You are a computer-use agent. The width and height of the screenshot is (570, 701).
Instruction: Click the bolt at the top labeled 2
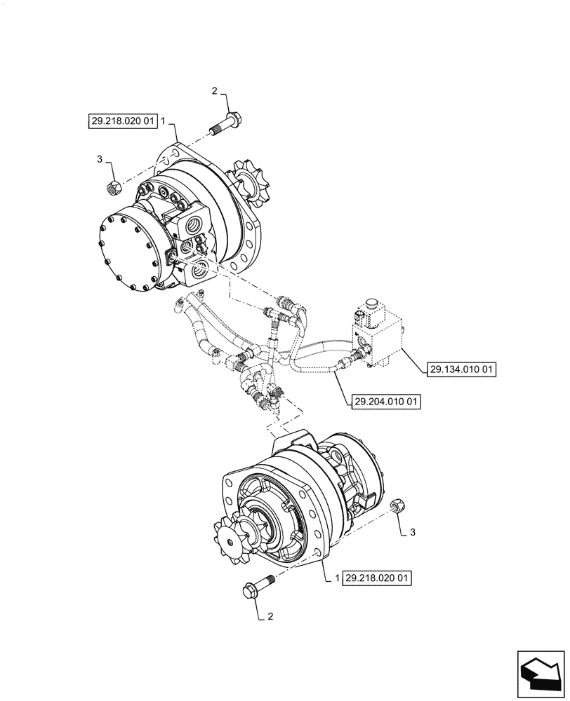[225, 121]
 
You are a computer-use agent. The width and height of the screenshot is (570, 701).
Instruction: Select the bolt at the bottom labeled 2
[259, 586]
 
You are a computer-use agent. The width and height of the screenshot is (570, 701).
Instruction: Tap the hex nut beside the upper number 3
[114, 187]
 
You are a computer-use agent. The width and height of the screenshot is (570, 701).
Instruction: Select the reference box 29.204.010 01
[384, 402]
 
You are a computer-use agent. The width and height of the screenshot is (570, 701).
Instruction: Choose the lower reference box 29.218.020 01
[377, 578]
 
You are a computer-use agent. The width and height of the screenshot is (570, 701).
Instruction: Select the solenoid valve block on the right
[380, 337]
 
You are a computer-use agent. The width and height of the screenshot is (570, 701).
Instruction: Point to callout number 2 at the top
[215, 91]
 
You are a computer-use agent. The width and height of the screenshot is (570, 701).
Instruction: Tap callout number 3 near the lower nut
[413, 533]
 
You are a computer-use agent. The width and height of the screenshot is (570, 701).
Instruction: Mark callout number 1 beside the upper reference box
[163, 121]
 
